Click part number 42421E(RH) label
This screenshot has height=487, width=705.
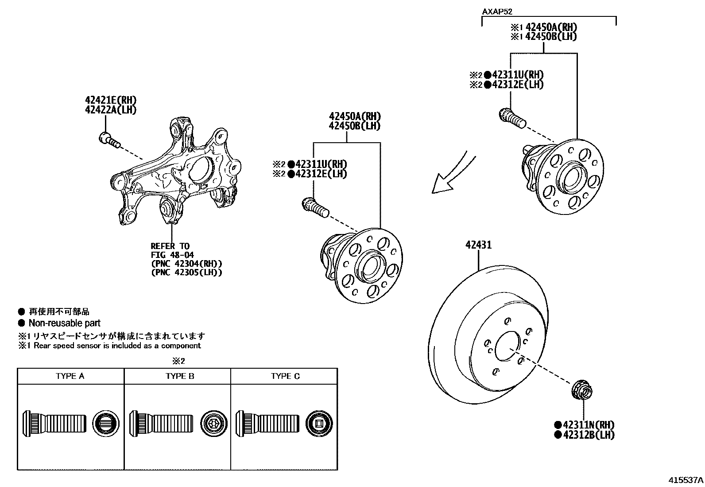point(110,100)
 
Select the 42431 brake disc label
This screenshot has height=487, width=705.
point(478,245)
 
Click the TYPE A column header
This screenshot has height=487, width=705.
point(70,376)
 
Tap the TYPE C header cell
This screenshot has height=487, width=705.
point(285,376)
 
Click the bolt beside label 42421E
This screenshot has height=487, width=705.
point(109,140)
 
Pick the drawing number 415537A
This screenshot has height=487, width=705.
point(686,479)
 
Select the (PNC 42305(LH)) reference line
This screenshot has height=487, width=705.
point(186,273)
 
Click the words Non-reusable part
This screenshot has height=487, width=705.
point(64,323)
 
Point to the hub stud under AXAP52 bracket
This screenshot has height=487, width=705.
point(512,117)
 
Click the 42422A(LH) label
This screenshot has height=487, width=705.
point(110,110)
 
